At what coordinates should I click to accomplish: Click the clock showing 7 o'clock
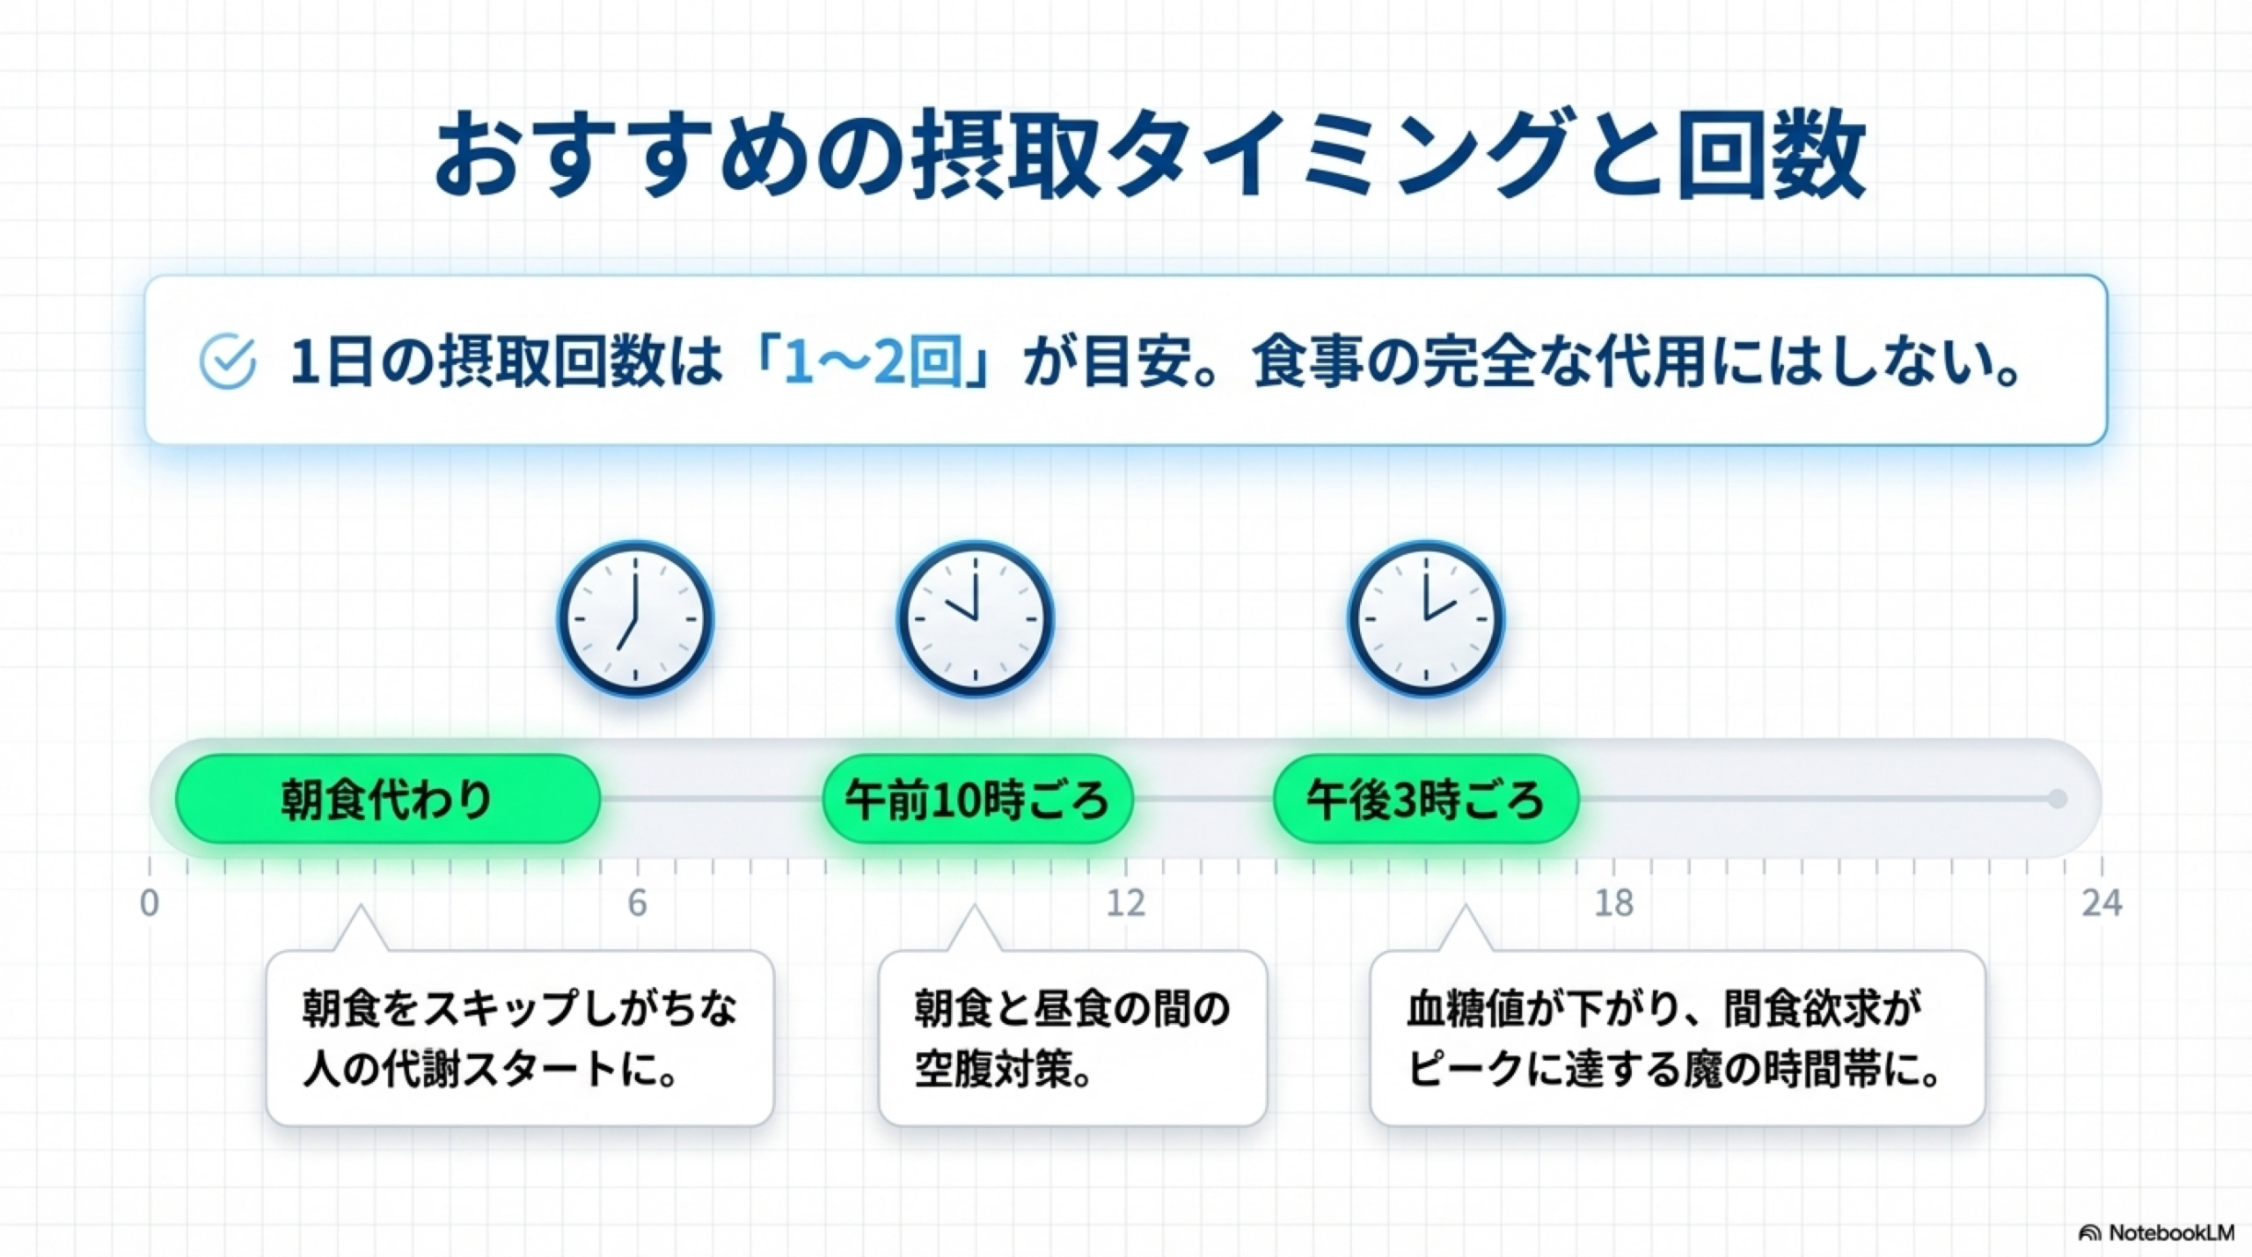(x=635, y=618)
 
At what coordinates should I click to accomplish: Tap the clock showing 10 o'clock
(x=975, y=618)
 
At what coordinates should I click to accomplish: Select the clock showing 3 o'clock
(x=1426, y=618)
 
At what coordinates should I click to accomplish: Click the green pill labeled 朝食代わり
(x=388, y=799)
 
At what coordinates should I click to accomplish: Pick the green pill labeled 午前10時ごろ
(x=977, y=799)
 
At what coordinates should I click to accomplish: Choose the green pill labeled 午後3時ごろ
(x=1426, y=799)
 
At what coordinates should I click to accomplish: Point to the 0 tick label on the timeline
(x=150, y=903)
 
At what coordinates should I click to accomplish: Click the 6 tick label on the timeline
(x=637, y=903)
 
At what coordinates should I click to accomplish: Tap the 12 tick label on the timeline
(x=1126, y=903)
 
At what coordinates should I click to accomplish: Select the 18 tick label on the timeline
(x=1614, y=903)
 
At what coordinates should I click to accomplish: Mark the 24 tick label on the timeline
(x=2102, y=903)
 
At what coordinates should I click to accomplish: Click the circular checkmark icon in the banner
(x=228, y=361)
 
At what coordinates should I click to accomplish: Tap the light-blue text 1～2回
(x=872, y=362)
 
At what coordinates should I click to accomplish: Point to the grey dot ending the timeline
(x=2057, y=799)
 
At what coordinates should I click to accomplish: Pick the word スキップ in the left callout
(x=501, y=1008)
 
